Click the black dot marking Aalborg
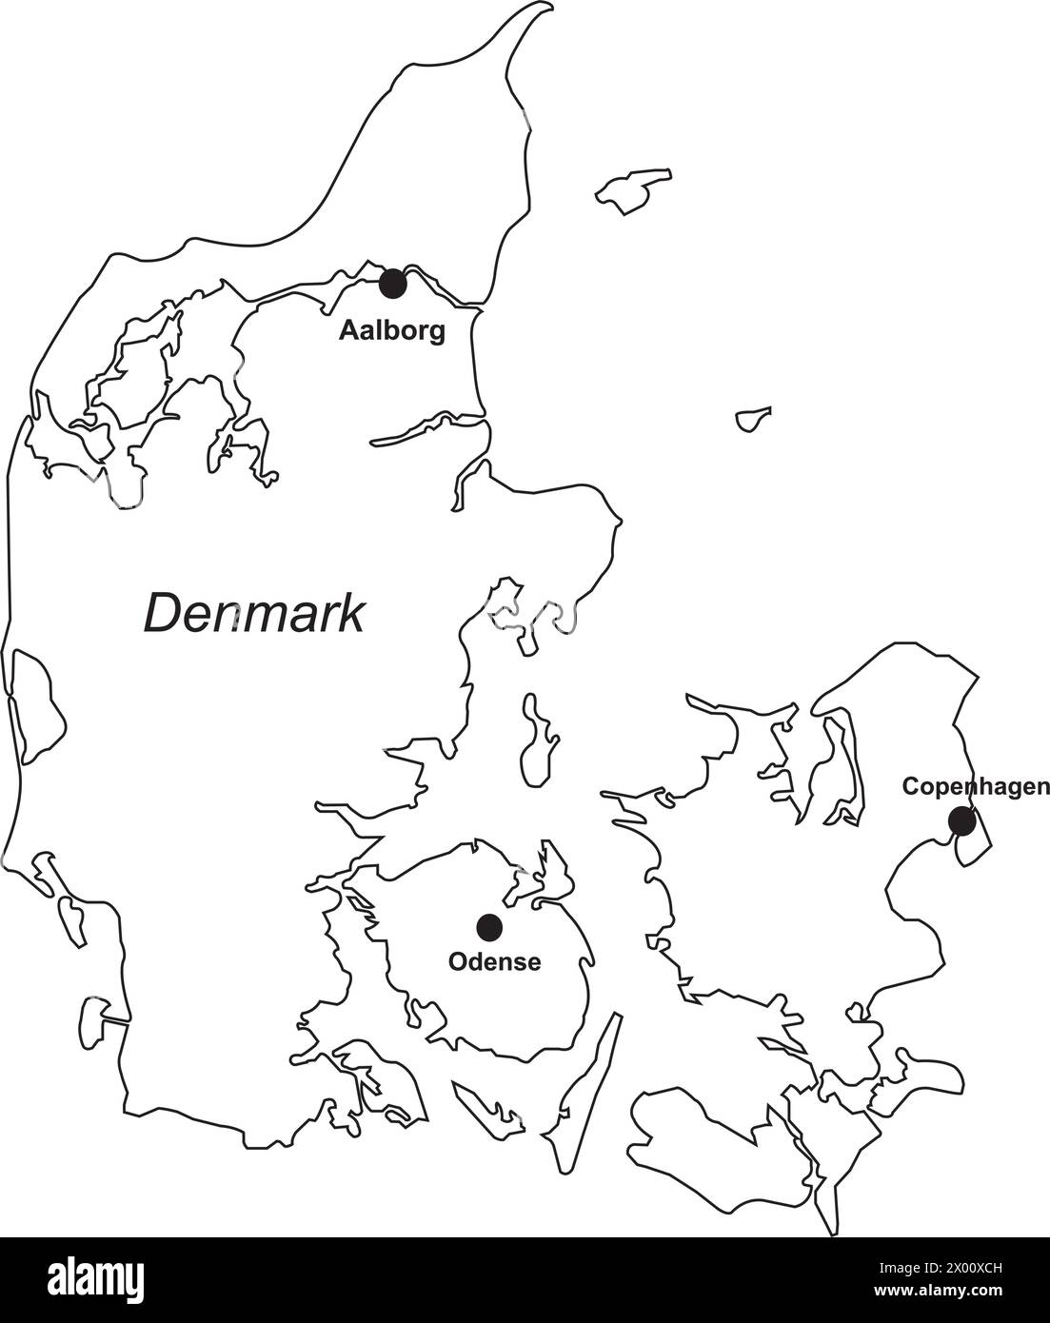tap(392, 283)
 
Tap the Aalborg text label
tap(392, 331)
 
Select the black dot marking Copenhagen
tap(961, 820)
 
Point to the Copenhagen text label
tap(975, 786)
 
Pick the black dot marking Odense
tap(489, 925)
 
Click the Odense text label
tap(494, 962)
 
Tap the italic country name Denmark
tap(254, 613)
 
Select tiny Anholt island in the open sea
tap(753, 418)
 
